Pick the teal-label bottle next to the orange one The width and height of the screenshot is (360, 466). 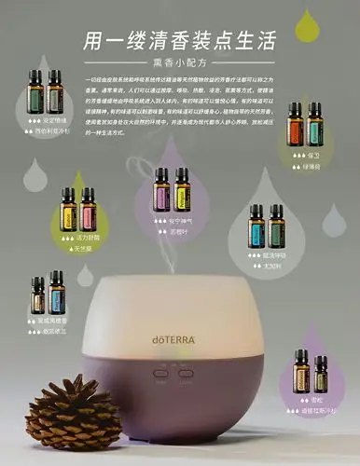(x=314, y=123)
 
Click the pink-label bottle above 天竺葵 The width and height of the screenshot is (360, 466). (x=88, y=209)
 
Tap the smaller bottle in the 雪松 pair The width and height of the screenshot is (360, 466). (x=321, y=375)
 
